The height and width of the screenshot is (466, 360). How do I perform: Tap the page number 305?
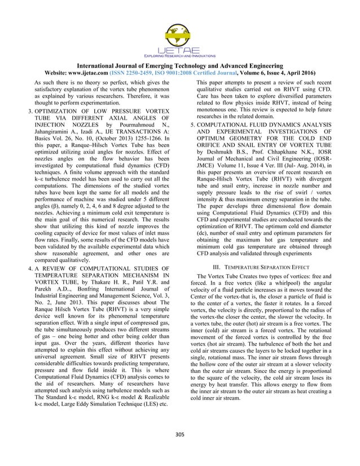180,450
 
